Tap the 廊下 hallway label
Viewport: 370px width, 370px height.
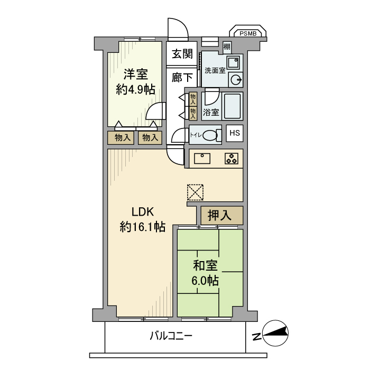coord(181,78)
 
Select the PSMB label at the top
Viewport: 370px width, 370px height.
coord(247,33)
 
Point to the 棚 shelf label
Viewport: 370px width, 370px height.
coord(227,47)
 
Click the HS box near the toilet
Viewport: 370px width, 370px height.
coord(235,133)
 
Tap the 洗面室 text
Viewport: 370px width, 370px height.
coord(215,70)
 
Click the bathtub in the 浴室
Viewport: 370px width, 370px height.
coord(232,106)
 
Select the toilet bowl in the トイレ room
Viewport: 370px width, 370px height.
coord(211,135)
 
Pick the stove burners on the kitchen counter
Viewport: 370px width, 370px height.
coord(231,158)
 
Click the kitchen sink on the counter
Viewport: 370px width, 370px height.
coord(202,158)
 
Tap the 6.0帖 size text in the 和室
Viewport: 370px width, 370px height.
coord(206,281)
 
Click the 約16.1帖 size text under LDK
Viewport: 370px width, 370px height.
coord(142,227)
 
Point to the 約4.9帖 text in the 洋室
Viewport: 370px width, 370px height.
coord(135,89)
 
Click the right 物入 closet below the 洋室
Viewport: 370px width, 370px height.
coord(150,137)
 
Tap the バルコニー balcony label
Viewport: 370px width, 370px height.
coord(170,336)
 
